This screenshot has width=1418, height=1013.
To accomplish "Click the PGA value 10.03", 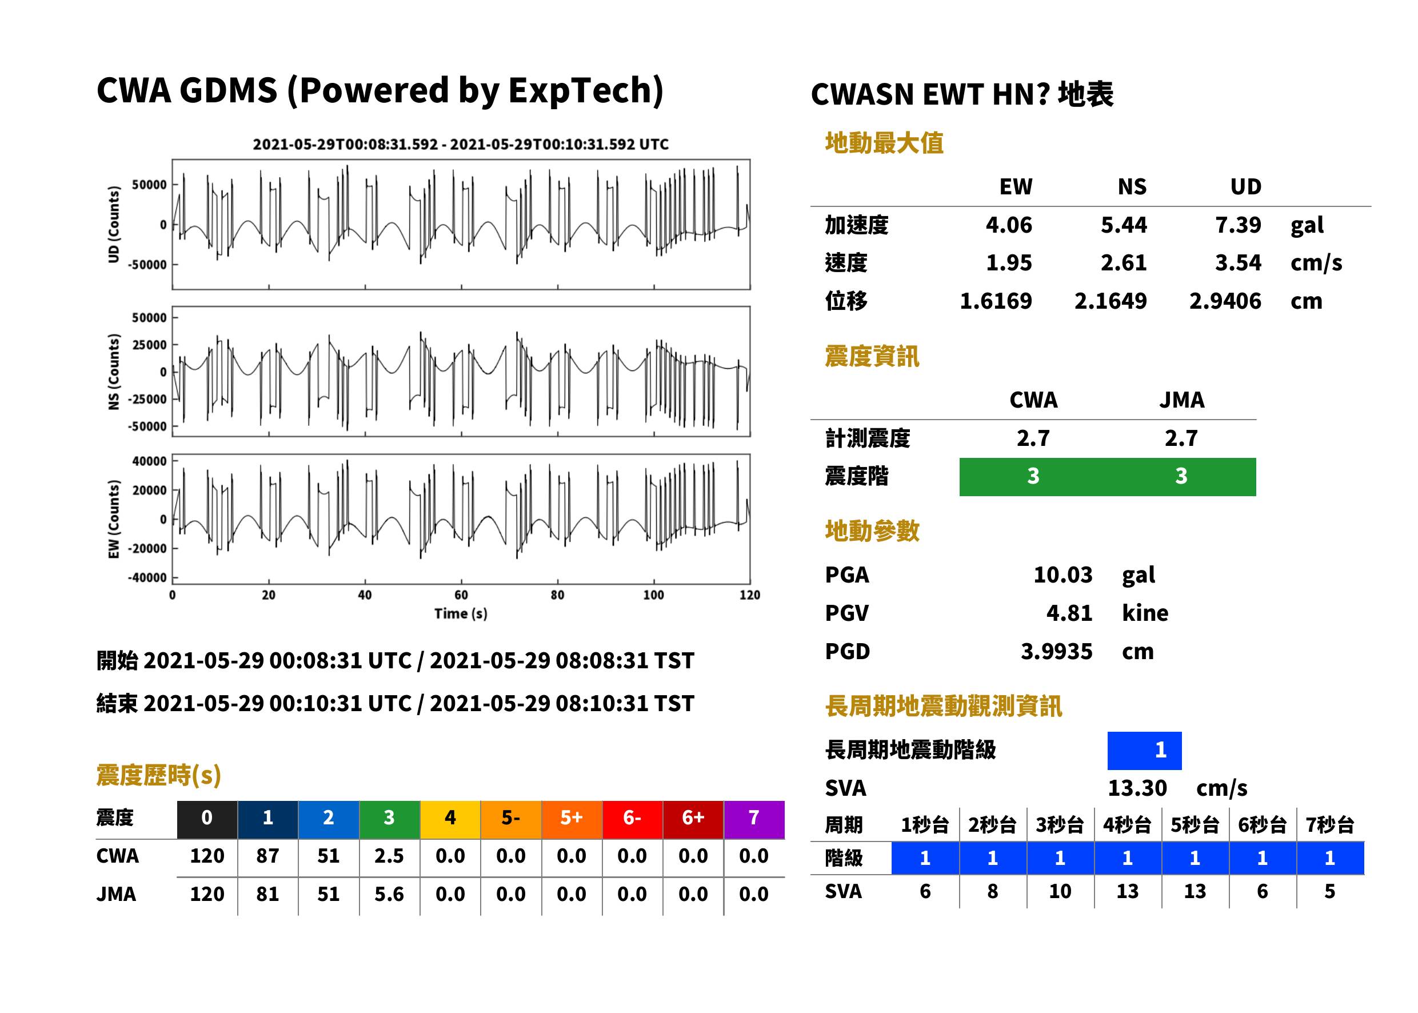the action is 1062,575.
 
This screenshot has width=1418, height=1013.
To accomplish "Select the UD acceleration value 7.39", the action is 1238,225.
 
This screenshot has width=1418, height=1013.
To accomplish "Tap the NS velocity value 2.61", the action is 1123,262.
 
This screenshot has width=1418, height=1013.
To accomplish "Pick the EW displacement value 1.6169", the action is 996,301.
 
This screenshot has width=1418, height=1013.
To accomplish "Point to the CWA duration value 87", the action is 267,856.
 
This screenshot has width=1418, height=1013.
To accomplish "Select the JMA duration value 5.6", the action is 389,894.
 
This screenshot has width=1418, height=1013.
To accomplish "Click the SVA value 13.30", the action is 1137,788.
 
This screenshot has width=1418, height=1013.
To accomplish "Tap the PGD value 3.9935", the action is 1056,651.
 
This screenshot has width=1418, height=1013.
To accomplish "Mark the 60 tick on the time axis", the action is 461,595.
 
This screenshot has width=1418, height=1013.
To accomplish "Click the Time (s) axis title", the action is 461,614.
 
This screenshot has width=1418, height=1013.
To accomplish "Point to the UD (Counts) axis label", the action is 114,225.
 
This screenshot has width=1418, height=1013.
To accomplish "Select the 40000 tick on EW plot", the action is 149,461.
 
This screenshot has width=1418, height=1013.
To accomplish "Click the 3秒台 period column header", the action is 1060,824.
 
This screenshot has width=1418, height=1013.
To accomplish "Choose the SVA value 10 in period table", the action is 1060,891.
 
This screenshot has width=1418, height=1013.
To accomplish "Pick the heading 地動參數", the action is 872,531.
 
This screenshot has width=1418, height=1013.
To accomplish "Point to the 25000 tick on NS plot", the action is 149,345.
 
